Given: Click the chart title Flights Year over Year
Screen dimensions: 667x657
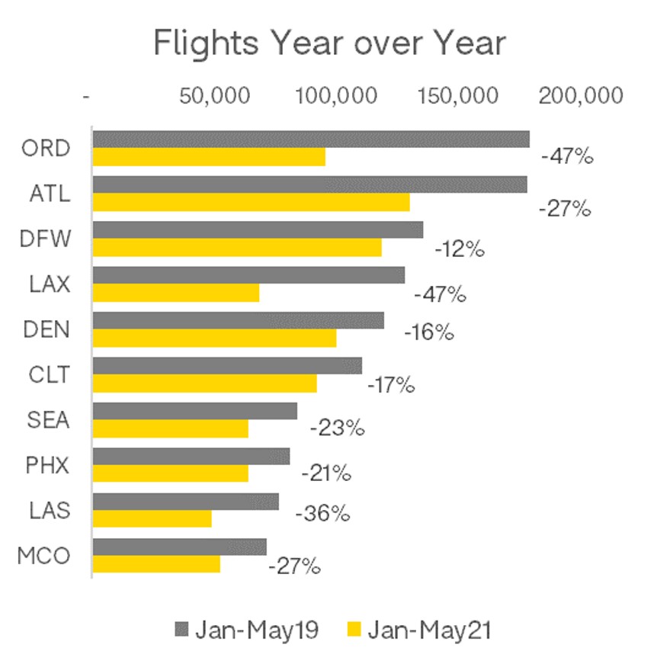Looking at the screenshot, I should [x=328, y=43].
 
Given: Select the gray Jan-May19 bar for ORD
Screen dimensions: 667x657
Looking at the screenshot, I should [x=310, y=139].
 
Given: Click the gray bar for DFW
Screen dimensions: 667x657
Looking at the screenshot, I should [x=257, y=229].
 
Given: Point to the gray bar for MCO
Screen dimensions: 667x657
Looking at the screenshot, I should [x=179, y=547].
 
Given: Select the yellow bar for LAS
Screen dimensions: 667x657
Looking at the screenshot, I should [x=152, y=518].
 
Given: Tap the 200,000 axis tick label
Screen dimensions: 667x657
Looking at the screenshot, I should [x=581, y=96].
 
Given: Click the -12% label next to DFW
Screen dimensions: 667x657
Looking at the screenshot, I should [x=460, y=249].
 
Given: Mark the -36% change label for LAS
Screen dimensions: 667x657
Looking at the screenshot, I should [x=322, y=514].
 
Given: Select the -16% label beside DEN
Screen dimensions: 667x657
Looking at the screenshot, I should [x=429, y=333].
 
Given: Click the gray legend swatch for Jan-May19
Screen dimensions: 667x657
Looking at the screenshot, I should [x=181, y=629].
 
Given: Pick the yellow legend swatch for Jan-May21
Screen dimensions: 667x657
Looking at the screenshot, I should [x=354, y=629].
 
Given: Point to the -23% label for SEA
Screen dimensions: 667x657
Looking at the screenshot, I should [x=337, y=428].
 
